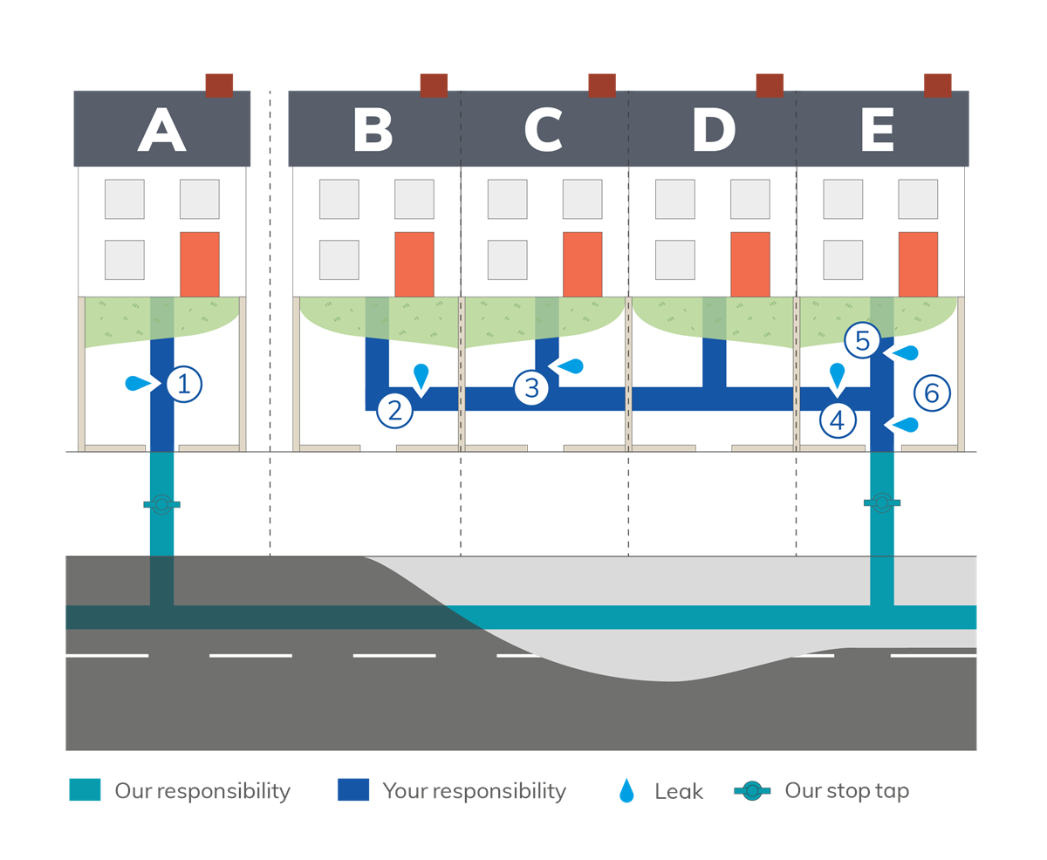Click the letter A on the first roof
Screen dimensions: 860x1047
[x=162, y=132]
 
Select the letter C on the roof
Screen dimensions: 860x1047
[x=543, y=132]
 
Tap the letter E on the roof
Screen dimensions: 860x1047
[x=877, y=132]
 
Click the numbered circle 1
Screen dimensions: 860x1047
[x=183, y=384]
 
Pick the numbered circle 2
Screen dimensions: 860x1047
[x=395, y=410]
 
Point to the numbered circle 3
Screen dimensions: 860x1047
[x=531, y=386]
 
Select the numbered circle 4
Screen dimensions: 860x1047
[x=838, y=420]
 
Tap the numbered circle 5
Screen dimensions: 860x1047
[x=863, y=341]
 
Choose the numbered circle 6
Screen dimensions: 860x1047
[x=932, y=393]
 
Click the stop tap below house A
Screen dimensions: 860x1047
[x=161, y=504]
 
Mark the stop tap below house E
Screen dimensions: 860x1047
[x=882, y=502]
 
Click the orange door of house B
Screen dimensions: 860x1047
[x=414, y=264]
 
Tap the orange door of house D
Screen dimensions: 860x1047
[x=750, y=264]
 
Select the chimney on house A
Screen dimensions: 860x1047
[x=219, y=85]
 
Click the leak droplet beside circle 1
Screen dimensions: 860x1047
[x=138, y=382]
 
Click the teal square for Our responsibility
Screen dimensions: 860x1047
[x=86, y=790]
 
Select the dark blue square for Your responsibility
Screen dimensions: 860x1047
[x=353, y=790]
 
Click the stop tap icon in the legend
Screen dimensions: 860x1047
[x=752, y=791]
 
